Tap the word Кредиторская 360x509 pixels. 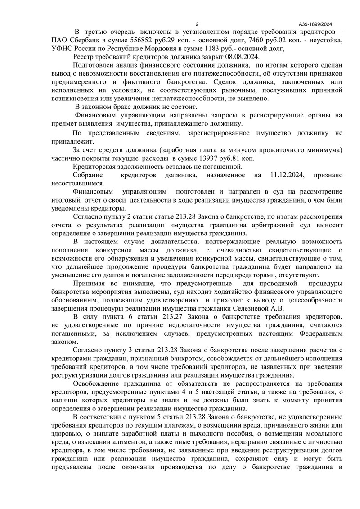[95, 166]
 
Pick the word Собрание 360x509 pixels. [87, 175]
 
